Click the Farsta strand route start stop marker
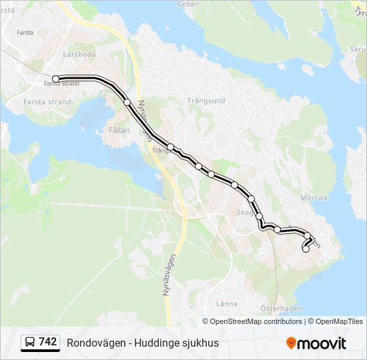(56, 79)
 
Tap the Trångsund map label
(206, 101)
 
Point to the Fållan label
(118, 131)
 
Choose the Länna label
(226, 303)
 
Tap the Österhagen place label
(281, 308)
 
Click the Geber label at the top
(188, 4)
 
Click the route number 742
(48, 342)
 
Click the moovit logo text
(322, 343)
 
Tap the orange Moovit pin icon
(291, 343)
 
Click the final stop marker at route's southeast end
(306, 249)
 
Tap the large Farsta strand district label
(47, 102)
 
